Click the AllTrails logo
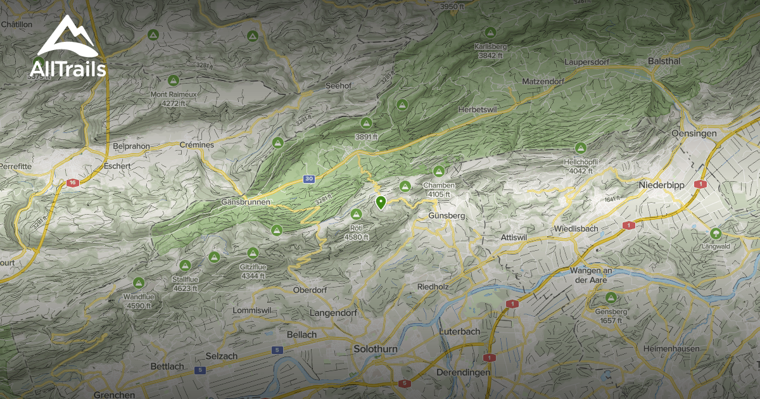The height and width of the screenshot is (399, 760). tap(68, 47)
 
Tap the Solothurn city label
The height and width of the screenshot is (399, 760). tap(376, 349)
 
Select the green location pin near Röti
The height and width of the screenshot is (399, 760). tap(381, 203)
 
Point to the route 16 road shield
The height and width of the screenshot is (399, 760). tap(72, 182)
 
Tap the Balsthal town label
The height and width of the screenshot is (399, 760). tap(664, 61)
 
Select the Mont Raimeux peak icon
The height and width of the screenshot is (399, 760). tap(173, 80)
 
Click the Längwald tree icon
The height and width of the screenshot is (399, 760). tap(716, 233)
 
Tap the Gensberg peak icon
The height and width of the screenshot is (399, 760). tap(611, 298)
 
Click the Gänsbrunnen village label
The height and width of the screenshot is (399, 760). tap(246, 201)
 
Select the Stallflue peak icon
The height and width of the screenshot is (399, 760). tap(185, 265)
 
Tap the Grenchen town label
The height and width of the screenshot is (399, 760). tap(114, 394)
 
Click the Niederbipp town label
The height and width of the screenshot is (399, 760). tap(662, 186)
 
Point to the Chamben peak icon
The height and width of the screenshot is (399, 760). tap(438, 171)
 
